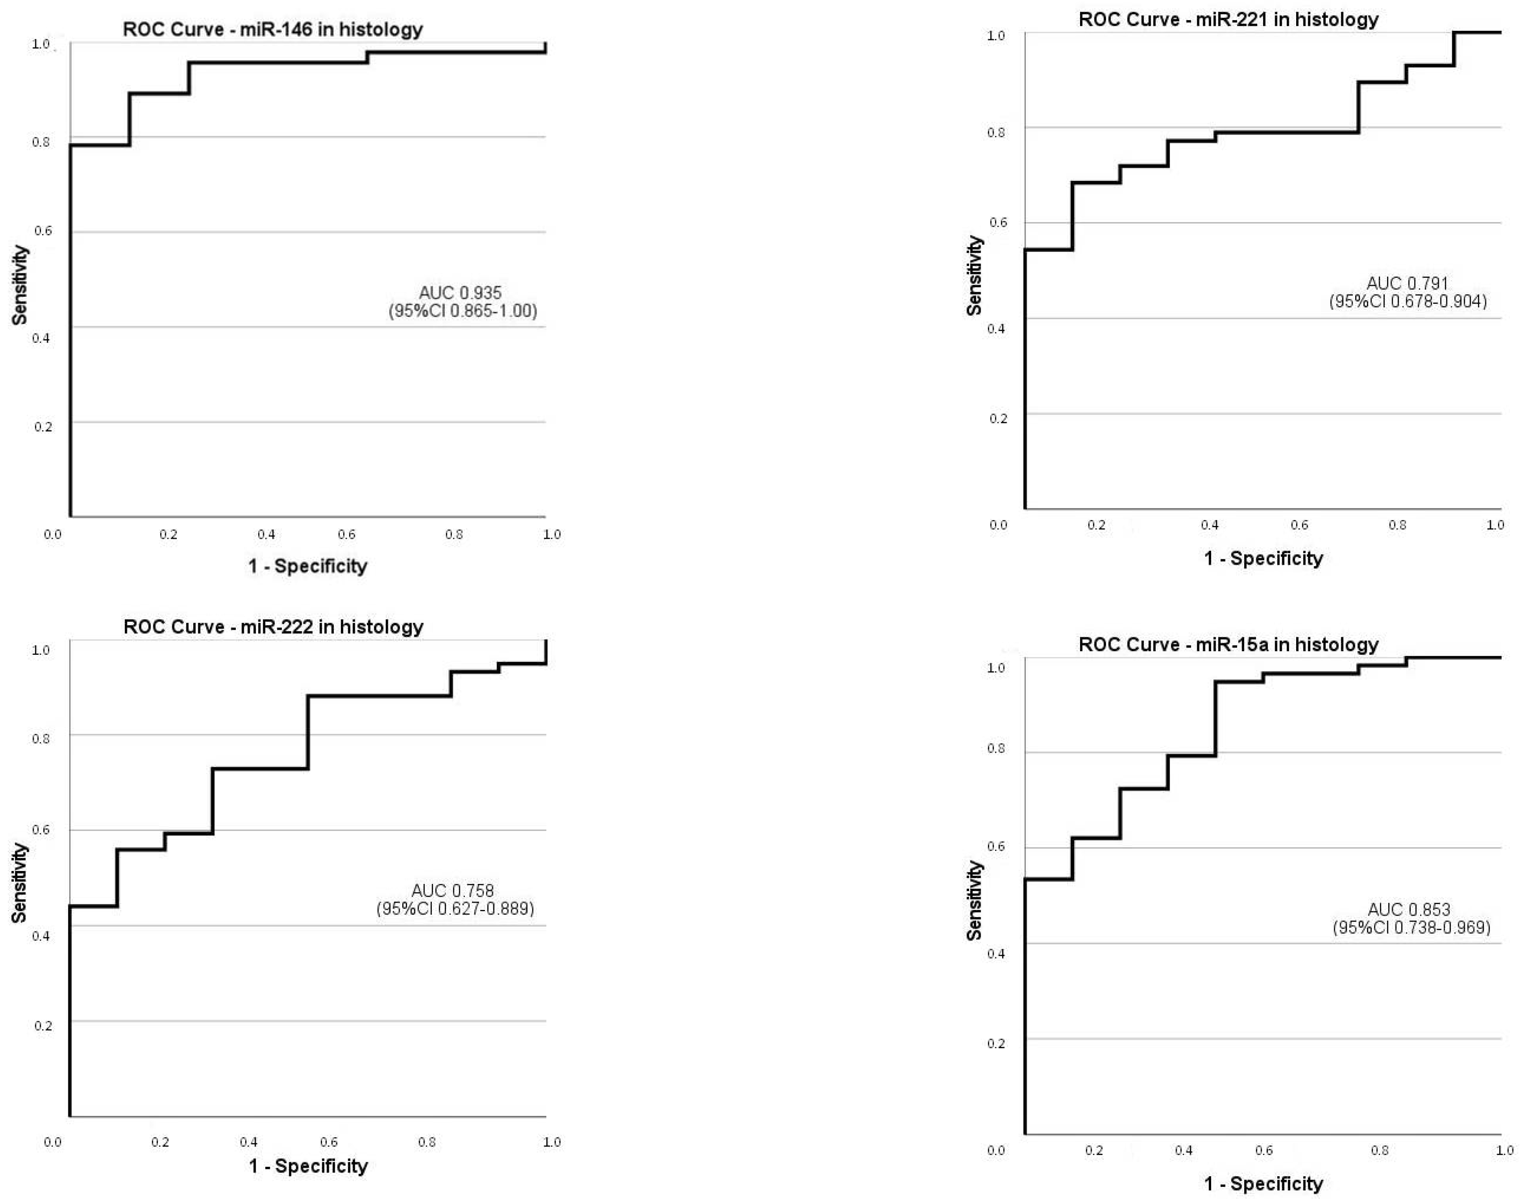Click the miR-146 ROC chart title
tap(273, 30)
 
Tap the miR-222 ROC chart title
tap(273, 627)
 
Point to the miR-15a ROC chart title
tap(1228, 644)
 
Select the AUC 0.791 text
tap(1407, 284)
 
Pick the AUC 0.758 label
tap(453, 890)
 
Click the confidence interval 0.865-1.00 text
tap(463, 311)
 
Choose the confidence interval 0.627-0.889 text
tap(455, 909)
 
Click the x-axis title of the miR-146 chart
tap(307, 566)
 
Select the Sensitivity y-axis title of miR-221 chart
tap(974, 275)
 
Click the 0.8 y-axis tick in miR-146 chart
tap(42, 142)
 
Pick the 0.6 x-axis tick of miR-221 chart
tap(1299, 525)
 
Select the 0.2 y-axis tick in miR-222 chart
tap(43, 1026)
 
